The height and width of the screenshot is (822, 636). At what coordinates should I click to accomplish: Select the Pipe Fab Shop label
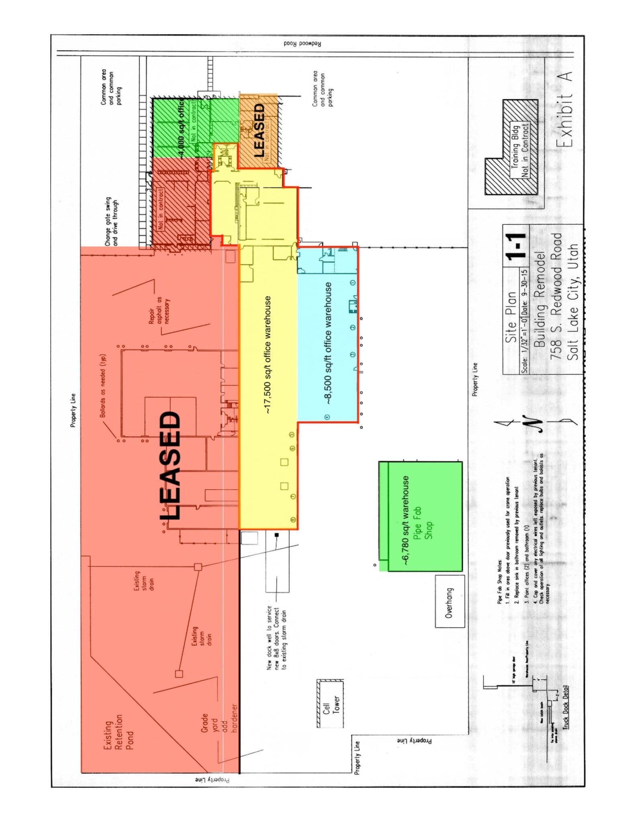[x=422, y=523]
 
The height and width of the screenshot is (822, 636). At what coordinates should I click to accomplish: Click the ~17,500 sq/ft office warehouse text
[x=268, y=355]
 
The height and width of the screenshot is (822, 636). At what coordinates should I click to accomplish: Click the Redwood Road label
[x=302, y=43]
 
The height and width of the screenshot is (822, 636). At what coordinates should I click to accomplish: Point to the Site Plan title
[x=511, y=317]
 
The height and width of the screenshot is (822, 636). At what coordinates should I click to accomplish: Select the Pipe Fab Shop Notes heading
[x=499, y=581]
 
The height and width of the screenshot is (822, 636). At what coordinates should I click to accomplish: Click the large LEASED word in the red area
[x=170, y=465]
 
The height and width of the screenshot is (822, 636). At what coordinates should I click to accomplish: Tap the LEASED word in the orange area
[x=259, y=130]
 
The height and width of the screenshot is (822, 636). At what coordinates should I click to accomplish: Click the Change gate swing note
[x=111, y=221]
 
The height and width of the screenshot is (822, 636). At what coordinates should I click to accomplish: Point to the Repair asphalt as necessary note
[x=159, y=310]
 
